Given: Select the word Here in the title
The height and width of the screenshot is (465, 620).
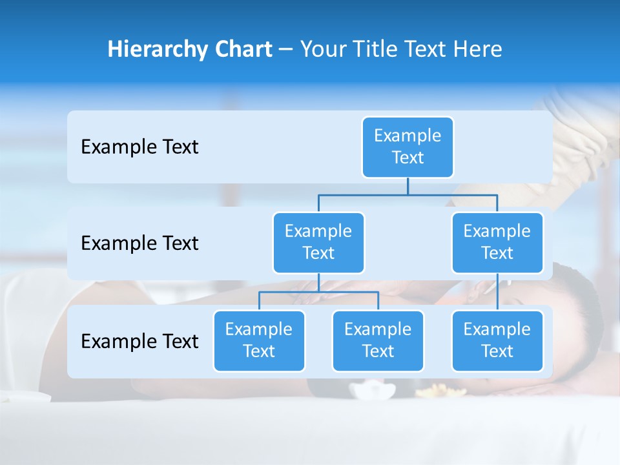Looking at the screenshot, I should click(479, 49).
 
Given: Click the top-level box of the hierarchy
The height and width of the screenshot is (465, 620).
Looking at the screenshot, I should click(408, 147).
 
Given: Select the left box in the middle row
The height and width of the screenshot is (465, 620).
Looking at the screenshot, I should click(318, 243).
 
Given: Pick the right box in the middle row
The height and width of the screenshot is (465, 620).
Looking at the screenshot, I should click(497, 243).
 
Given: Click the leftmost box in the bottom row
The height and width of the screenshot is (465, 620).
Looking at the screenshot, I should click(259, 341).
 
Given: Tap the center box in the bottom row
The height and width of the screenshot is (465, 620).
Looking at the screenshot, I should click(378, 341).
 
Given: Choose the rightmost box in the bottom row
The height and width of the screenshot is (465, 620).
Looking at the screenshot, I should click(497, 341).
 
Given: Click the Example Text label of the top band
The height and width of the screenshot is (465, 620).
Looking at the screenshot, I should click(139, 147).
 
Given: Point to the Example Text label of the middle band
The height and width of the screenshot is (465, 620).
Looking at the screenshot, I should click(139, 243).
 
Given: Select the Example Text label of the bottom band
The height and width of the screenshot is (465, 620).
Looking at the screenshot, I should click(139, 341).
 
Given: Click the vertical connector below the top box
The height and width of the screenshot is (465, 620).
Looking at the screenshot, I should click(408, 186).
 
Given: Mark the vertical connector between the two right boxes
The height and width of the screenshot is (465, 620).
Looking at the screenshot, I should click(497, 292).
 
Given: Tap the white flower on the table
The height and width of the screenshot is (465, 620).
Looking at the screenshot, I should click(373, 391).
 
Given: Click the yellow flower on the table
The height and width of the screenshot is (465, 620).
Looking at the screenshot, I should click(431, 390).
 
